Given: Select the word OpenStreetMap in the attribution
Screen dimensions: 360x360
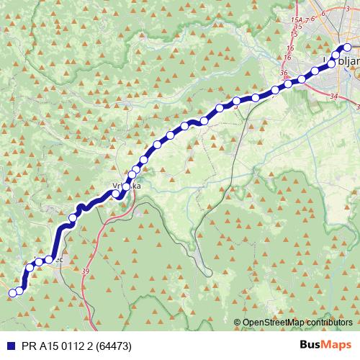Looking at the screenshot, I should tap(277, 323).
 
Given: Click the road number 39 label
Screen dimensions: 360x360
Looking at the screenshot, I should tap(86, 271).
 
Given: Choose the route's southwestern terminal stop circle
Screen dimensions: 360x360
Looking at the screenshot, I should tap(12, 292).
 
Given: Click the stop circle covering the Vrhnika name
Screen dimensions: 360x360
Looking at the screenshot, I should tap(126, 187).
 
